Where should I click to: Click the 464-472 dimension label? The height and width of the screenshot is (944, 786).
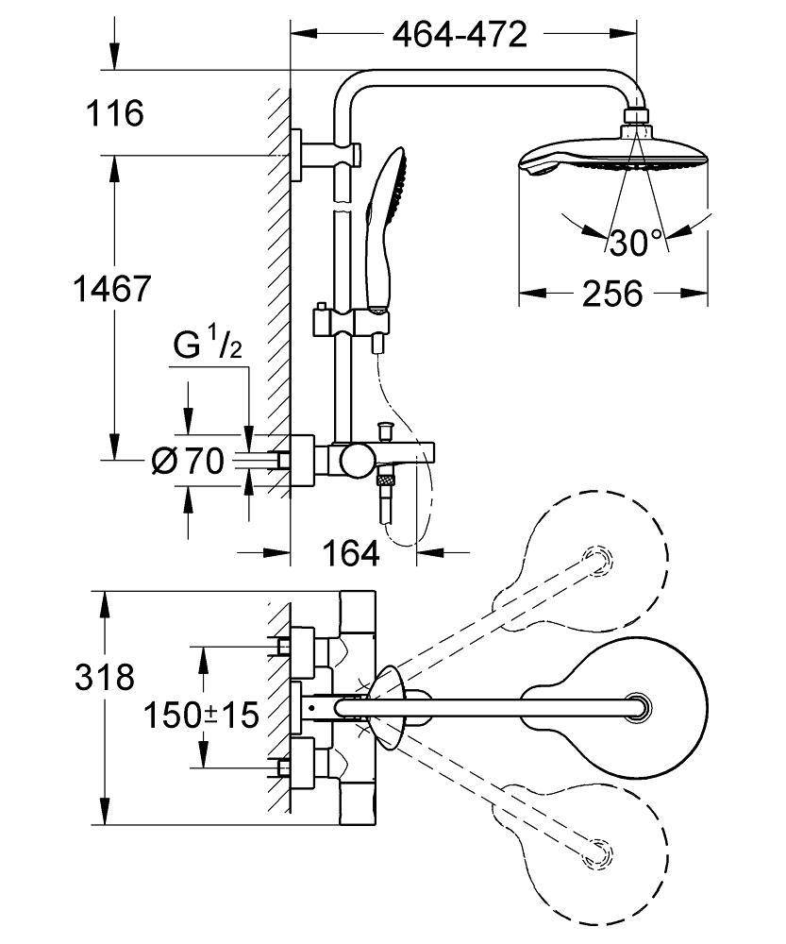459,35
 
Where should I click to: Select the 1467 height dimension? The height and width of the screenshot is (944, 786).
112,289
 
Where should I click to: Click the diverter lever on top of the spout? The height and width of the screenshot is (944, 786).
384,431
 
